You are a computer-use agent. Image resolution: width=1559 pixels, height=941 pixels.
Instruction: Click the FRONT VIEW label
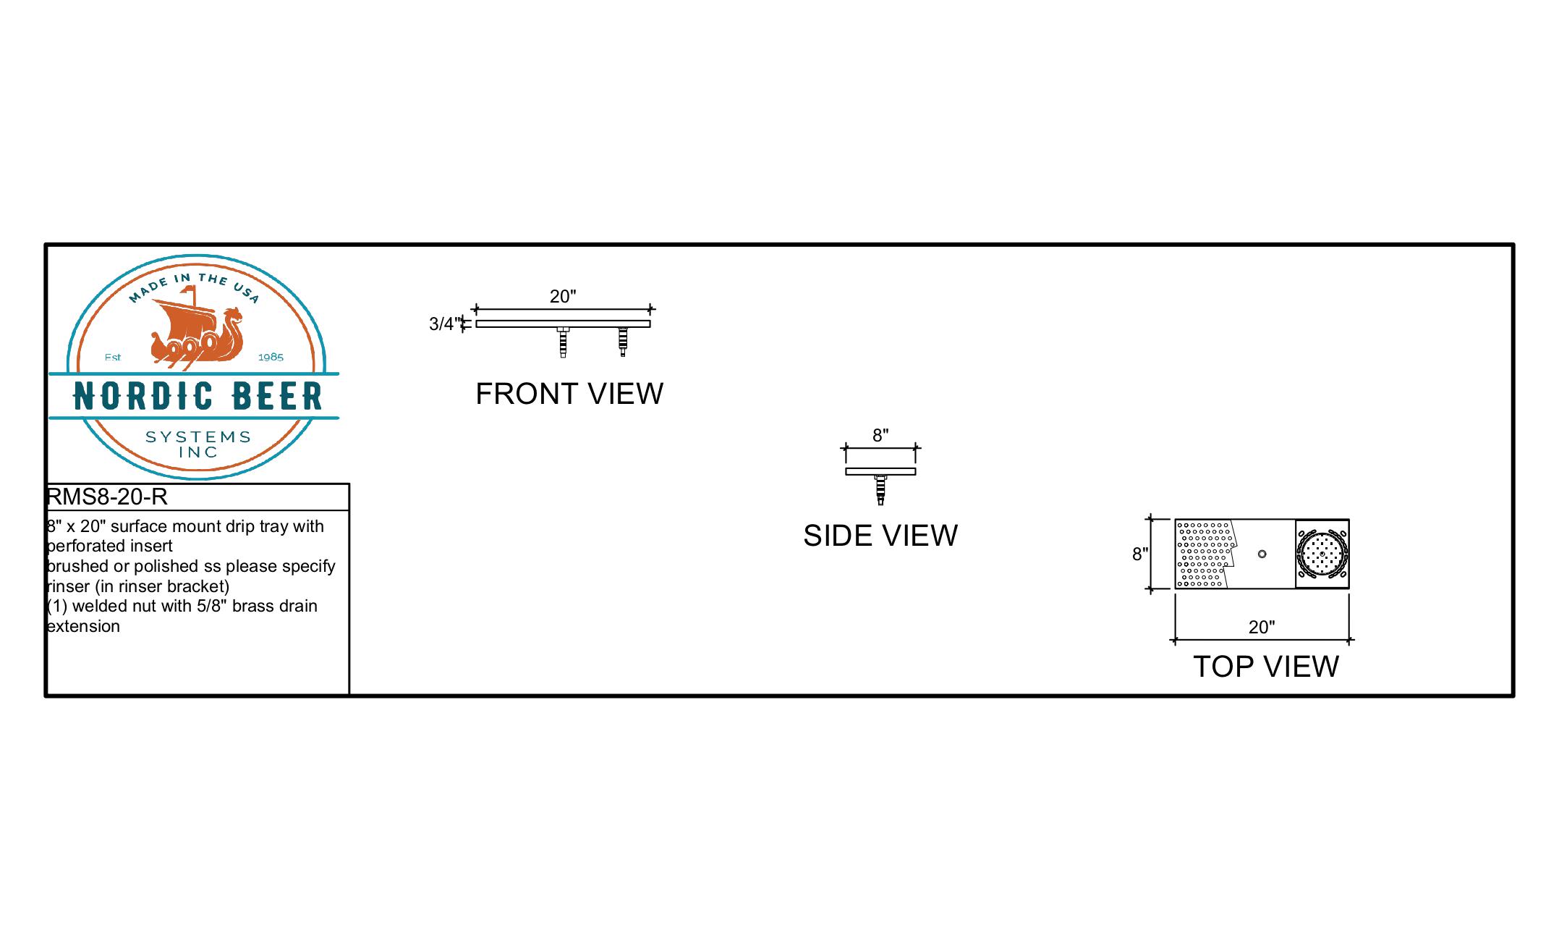click(569, 394)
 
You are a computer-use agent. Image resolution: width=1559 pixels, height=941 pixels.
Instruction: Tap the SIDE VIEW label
click(880, 536)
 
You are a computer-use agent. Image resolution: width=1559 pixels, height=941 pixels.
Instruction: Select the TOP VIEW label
click(1266, 667)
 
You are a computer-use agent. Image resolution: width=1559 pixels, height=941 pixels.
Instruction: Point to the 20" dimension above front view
click(563, 296)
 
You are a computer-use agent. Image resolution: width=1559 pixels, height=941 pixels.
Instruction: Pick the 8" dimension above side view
click(880, 435)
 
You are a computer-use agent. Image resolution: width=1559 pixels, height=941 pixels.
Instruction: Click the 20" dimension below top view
click(1262, 627)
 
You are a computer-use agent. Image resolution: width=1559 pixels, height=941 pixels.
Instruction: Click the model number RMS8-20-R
click(107, 497)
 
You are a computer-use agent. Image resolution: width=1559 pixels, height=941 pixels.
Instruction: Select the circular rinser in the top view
click(1322, 554)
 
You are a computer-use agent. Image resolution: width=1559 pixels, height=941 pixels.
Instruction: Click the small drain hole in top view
click(1262, 554)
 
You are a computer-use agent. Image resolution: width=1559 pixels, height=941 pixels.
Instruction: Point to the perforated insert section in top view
click(1205, 554)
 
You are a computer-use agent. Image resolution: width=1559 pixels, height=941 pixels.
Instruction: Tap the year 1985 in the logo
click(271, 358)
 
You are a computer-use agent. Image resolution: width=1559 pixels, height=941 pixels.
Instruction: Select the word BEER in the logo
click(278, 396)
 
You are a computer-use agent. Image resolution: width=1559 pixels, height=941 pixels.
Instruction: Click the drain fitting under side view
click(880, 490)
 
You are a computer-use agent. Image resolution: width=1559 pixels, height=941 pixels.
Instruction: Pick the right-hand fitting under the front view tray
click(623, 342)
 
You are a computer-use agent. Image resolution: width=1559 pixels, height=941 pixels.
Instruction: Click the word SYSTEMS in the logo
click(198, 437)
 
